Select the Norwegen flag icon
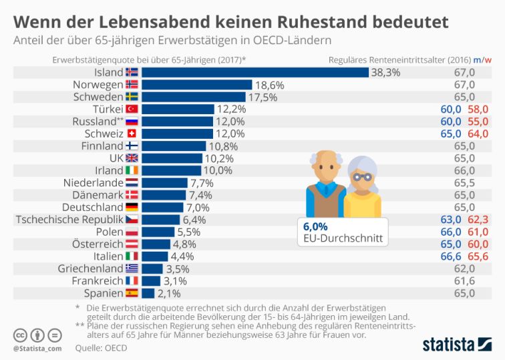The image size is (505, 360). coord(132,85)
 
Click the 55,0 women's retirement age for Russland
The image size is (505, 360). coord(478,121)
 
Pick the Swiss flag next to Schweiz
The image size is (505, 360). coord(132,134)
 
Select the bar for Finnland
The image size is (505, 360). coord(174,146)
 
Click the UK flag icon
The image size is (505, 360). coord(132,158)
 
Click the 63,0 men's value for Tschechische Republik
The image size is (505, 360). coord(451,219)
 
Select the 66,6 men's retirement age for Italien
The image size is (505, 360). coord(451,256)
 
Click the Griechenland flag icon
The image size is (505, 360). coord(132,268)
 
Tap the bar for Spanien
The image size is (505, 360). coord(148,293)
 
